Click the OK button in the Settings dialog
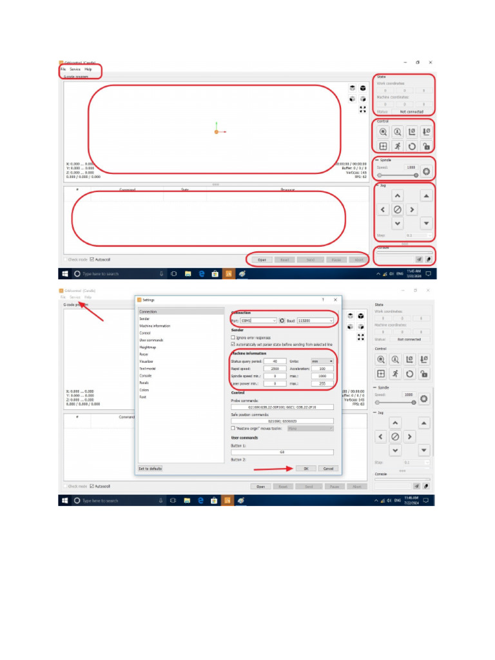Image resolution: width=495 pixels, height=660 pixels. (306, 469)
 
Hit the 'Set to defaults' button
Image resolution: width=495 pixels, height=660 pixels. (150, 469)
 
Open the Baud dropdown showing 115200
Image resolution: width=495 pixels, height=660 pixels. (315, 320)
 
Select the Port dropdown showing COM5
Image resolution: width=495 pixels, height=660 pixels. (258, 320)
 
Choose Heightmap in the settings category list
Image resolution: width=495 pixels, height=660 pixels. (148, 347)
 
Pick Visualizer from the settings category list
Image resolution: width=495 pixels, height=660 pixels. (146, 362)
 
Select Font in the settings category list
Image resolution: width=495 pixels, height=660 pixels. (142, 397)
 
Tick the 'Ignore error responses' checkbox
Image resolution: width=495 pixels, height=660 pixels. (233, 338)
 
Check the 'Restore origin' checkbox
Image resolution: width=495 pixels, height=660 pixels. (233, 428)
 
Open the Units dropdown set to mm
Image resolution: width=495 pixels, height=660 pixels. (322, 362)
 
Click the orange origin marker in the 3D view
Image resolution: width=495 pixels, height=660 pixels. (217, 131)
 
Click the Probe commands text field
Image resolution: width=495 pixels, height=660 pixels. (282, 407)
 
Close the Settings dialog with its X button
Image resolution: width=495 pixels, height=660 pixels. (335, 300)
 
